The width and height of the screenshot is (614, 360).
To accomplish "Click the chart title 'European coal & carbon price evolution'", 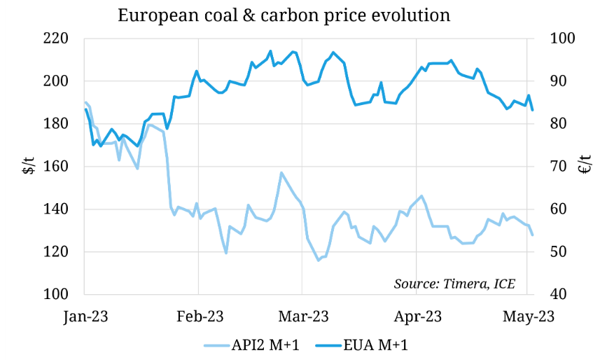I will point(284,15).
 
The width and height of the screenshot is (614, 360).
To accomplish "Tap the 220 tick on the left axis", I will point(56,39).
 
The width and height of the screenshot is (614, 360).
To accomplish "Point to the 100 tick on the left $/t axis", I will point(56,295).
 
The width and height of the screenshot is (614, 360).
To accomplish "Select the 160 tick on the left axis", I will point(56,167).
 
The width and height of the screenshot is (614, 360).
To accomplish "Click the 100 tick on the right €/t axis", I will point(564,39).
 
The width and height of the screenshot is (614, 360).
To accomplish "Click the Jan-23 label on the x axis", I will point(85,317).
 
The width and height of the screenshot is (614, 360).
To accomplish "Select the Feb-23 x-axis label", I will point(199,317).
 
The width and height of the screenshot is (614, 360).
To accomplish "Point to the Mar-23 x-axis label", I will point(302,317).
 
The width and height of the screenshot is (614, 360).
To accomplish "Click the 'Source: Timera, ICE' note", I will point(454,284).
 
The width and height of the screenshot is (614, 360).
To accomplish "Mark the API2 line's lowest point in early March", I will point(319,260).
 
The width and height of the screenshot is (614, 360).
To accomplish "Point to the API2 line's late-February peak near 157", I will point(281,172).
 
